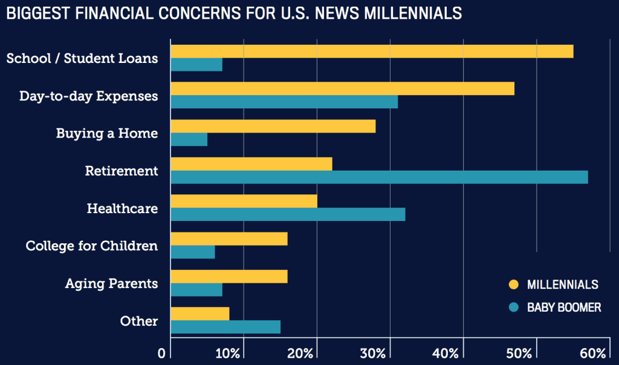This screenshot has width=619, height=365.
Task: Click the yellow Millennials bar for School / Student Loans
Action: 372,51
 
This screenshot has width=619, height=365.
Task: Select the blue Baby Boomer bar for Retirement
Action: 379,177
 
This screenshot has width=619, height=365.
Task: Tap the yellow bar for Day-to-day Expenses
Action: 342,88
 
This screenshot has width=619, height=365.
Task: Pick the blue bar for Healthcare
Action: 288,214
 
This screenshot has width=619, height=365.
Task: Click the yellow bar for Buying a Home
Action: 273,126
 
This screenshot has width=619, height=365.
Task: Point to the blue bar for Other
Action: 225,327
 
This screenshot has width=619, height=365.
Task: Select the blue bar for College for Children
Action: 193,252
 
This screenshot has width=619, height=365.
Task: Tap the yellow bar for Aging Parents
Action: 228,276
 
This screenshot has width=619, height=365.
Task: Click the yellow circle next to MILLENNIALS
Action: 514,284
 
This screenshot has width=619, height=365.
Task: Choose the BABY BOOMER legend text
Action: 563,307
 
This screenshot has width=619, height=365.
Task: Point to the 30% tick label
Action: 389,353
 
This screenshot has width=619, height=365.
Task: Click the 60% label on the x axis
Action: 593,353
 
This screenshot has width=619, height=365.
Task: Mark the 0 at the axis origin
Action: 161,353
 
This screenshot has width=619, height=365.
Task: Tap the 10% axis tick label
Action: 243,353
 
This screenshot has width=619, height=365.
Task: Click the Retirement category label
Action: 122,171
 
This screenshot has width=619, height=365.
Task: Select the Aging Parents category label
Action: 111,283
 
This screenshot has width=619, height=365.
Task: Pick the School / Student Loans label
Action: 82,58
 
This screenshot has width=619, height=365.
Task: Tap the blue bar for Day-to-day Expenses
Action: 284,102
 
